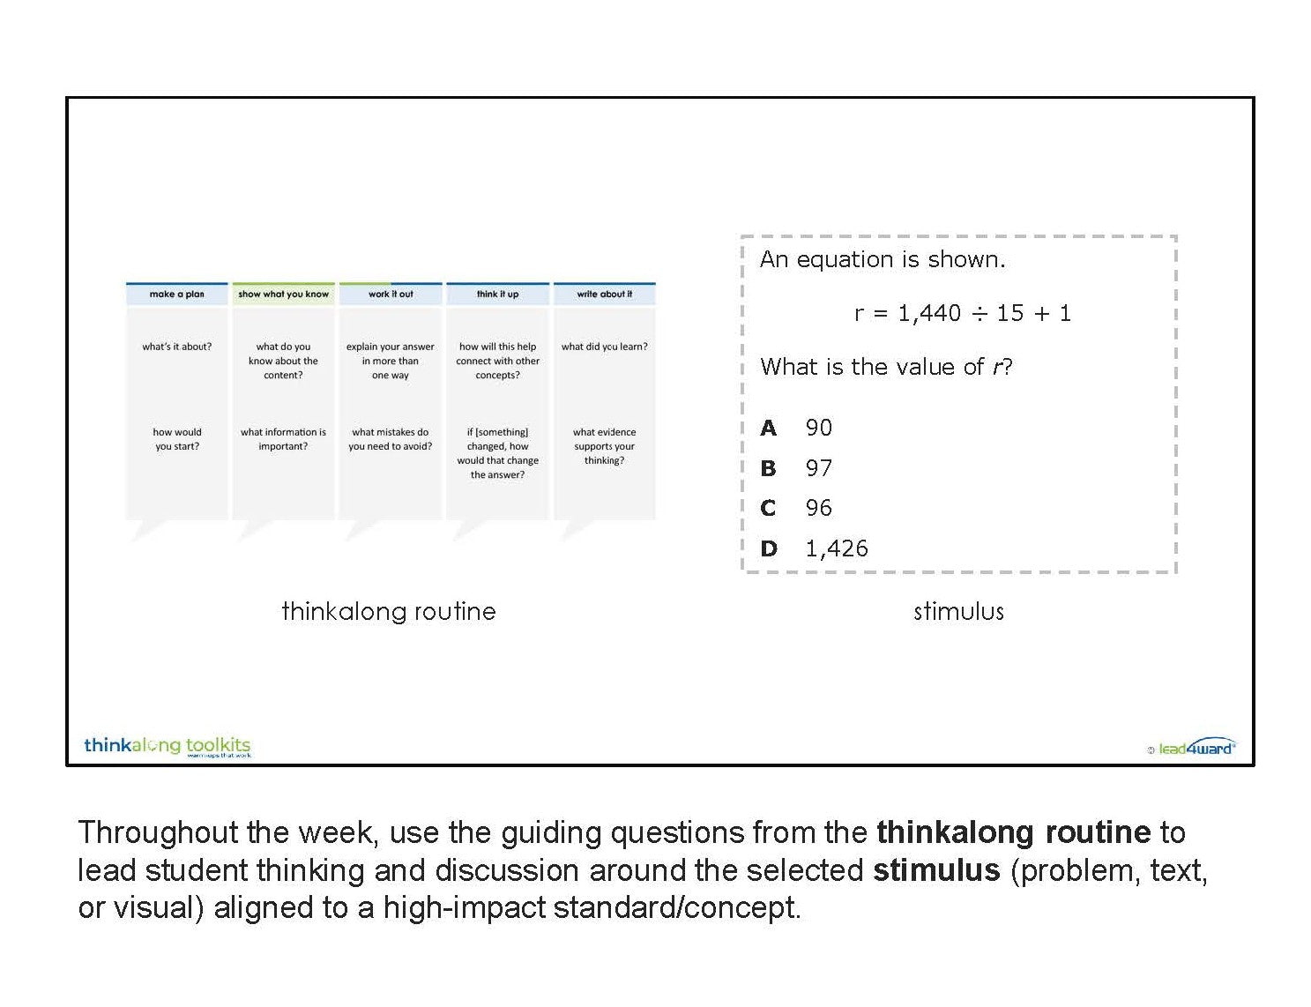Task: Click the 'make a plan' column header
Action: point(177,294)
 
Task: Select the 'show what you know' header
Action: point(283,294)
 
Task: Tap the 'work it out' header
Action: point(391,294)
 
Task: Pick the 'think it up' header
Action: point(497,294)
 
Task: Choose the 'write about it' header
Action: point(604,294)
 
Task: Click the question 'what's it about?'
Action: point(177,347)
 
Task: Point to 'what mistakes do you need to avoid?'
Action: point(391,439)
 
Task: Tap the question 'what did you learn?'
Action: point(604,347)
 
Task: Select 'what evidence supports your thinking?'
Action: point(604,446)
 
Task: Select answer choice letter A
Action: point(768,428)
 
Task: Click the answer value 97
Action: point(819,468)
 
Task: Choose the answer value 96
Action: point(819,508)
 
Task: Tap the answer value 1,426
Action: point(837,548)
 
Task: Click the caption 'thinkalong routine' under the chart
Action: point(389,612)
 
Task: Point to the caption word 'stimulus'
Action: point(958,612)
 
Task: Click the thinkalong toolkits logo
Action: point(168,746)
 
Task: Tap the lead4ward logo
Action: point(1192,748)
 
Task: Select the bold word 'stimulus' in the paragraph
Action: point(936,870)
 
